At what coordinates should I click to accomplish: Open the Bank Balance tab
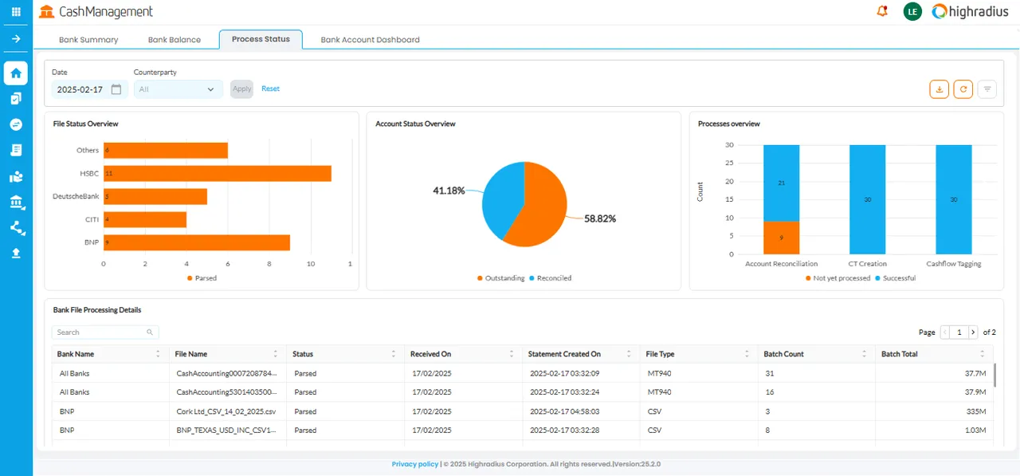(x=174, y=40)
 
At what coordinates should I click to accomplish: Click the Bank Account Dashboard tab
(x=370, y=40)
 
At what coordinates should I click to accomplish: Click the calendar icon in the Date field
(x=116, y=89)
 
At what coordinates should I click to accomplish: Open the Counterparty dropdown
(x=178, y=89)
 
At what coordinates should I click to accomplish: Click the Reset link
(x=270, y=89)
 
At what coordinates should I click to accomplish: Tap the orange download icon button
(x=939, y=89)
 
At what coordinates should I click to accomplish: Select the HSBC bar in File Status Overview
(x=218, y=174)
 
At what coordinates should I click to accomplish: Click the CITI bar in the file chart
(x=145, y=219)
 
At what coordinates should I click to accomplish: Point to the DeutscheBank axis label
(x=76, y=196)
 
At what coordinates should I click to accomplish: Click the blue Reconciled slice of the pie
(x=502, y=199)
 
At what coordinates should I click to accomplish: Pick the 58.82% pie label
(x=600, y=218)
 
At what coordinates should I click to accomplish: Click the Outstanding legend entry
(x=501, y=277)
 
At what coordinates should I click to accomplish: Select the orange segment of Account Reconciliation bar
(x=781, y=238)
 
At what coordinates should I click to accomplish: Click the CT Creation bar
(x=867, y=199)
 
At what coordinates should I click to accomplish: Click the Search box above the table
(x=105, y=332)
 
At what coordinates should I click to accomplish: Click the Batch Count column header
(x=783, y=354)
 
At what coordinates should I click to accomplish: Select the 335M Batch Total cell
(x=976, y=411)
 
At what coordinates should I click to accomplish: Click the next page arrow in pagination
(x=973, y=332)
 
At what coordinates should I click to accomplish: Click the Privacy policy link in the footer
(x=415, y=464)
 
